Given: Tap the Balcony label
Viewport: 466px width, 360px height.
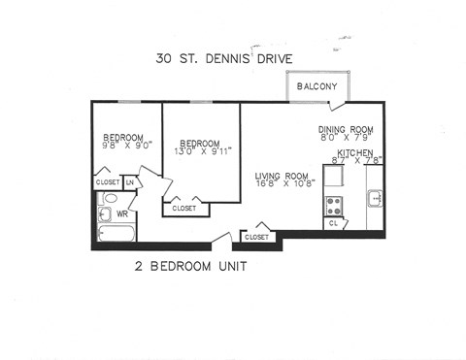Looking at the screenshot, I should tap(316, 86).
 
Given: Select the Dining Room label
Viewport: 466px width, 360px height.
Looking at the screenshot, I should tap(345, 129).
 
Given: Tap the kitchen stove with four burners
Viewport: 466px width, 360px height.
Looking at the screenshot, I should tap(335, 205).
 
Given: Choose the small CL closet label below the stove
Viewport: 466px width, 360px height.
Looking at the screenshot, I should tap(333, 223).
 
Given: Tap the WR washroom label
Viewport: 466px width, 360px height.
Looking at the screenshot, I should tap(122, 213).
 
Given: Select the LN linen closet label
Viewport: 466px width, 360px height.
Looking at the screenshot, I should tap(129, 182).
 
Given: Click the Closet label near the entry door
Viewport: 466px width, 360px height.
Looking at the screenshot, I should tap(256, 237).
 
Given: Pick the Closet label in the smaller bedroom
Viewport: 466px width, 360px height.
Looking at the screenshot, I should tap(107, 182).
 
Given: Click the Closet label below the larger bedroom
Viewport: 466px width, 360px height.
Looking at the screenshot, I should tap(183, 208).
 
